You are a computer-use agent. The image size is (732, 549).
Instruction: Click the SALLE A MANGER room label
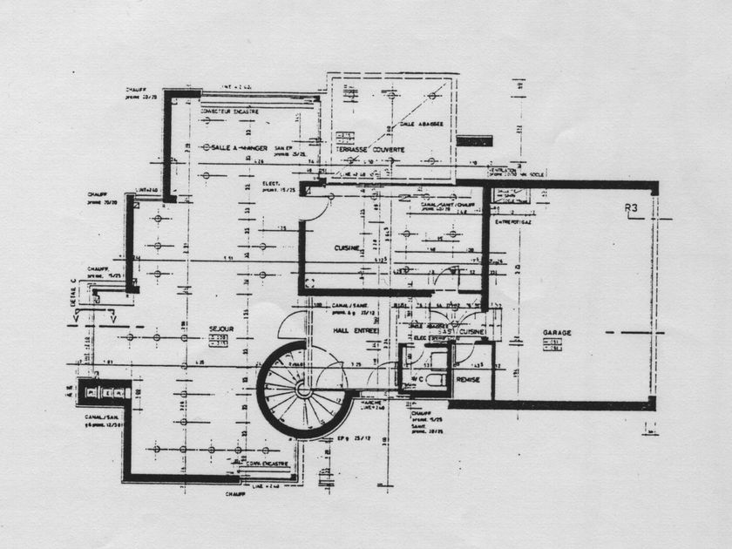tap(233, 148)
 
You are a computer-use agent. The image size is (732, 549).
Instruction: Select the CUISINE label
tap(347, 248)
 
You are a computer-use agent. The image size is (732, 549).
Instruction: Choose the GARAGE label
tap(557, 333)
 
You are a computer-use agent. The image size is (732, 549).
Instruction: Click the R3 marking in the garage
tap(633, 207)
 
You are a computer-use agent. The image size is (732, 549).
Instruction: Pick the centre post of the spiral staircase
tap(303, 390)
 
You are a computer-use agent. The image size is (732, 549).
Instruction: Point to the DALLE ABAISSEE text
tap(422, 125)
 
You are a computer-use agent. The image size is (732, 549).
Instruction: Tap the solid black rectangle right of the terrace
tap(474, 140)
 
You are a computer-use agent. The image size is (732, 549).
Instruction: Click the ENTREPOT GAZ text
tap(512, 221)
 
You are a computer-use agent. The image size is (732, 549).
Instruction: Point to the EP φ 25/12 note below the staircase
tap(345, 437)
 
